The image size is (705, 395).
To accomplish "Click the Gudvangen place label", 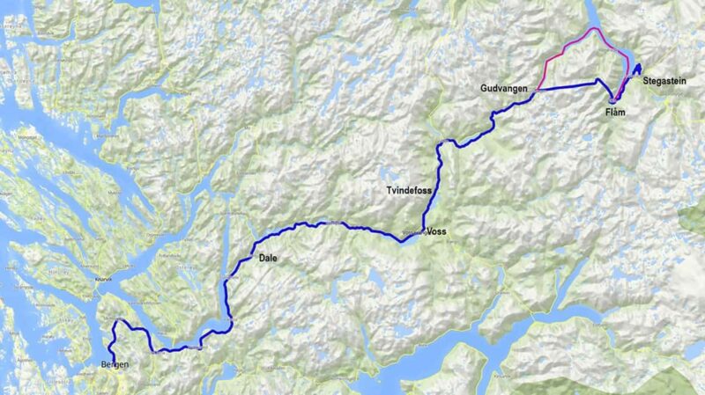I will [x=505, y=90].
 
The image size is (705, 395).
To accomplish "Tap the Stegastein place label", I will [x=666, y=81].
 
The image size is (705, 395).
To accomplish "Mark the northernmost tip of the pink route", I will [x=593, y=28].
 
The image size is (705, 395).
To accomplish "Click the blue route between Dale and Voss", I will [x=335, y=225].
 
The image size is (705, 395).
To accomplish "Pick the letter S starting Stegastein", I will [x=646, y=81].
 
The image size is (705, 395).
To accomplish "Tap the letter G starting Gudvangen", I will [x=485, y=90].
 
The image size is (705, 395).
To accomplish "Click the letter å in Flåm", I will [x=617, y=113].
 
